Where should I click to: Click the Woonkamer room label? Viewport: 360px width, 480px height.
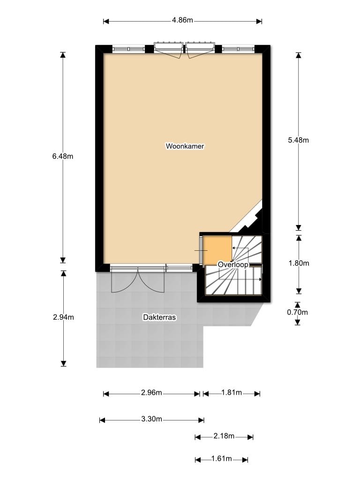point(185,146)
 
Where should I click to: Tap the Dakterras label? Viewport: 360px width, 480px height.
point(159,317)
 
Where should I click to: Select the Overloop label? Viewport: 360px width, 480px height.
point(233,264)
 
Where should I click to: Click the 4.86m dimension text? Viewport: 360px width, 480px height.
point(182,20)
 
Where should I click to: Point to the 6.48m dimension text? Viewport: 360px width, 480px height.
point(63,156)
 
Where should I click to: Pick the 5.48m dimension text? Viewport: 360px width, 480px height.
point(299,140)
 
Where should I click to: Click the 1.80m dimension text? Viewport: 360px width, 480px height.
point(299,263)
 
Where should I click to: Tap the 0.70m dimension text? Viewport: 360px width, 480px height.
point(297,312)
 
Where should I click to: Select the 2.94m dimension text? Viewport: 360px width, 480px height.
point(63,317)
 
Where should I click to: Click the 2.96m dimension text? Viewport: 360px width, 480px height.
point(151,392)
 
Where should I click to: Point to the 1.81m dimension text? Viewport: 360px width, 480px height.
point(232,392)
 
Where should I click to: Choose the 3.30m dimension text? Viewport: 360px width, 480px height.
point(151,419)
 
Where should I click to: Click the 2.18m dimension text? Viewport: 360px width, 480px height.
point(224,436)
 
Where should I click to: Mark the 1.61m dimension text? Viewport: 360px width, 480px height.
point(222,458)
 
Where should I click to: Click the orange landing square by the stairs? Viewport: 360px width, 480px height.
point(217,249)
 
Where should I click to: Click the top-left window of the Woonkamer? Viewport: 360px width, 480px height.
point(128,49)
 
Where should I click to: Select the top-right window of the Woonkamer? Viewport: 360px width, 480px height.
point(238,49)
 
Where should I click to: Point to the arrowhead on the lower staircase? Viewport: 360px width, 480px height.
point(260,279)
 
